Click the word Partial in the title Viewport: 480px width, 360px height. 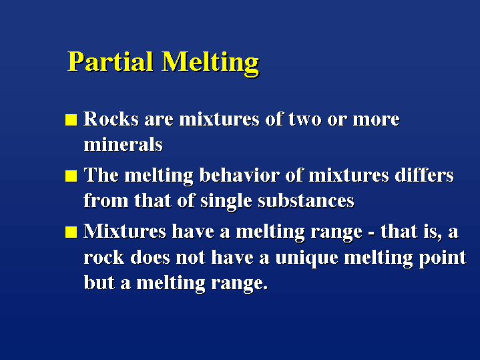(x=110, y=61)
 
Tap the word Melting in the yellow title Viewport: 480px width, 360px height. (x=210, y=63)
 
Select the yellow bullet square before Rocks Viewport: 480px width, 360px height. (x=71, y=120)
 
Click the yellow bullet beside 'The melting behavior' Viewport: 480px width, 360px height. (x=71, y=176)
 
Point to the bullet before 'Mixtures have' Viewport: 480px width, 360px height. (x=71, y=232)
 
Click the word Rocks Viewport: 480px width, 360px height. (x=111, y=119)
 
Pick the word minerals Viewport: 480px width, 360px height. (x=123, y=144)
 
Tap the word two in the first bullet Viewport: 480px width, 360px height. (x=305, y=119)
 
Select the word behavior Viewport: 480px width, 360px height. (x=240, y=175)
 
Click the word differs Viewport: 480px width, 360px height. (x=424, y=175)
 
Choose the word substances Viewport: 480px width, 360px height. (x=306, y=200)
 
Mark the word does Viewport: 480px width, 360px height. (x=150, y=257)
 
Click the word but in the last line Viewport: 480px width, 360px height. (x=99, y=283)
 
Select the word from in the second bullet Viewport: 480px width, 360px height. (x=106, y=200)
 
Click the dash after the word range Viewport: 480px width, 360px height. (x=371, y=234)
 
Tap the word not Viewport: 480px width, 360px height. (x=190, y=258)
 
